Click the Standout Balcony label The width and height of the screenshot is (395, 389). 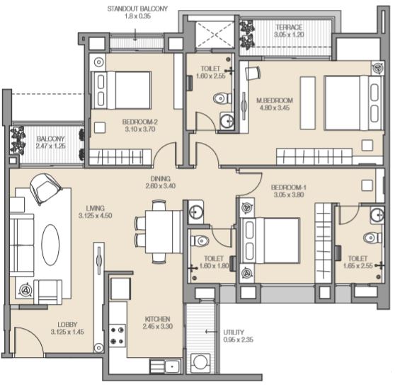[137, 8]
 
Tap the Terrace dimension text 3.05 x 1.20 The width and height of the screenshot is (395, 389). [289, 35]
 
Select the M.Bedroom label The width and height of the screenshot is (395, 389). [275, 100]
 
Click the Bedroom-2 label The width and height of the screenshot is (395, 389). [140, 122]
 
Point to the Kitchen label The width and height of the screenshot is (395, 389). [157, 319]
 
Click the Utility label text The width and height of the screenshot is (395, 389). [234, 332]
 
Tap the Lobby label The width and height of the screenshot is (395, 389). [67, 325]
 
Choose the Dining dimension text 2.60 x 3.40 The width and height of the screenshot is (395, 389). [161, 186]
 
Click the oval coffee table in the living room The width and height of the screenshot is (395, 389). [50, 245]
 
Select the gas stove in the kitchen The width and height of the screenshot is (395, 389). [118, 335]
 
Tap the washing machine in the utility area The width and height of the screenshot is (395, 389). [200, 362]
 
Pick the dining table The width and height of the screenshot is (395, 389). [164, 232]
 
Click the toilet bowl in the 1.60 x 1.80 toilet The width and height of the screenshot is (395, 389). [200, 240]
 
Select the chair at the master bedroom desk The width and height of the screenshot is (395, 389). [253, 72]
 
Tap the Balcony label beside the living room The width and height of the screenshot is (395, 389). [51, 139]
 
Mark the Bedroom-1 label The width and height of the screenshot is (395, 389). [289, 187]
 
